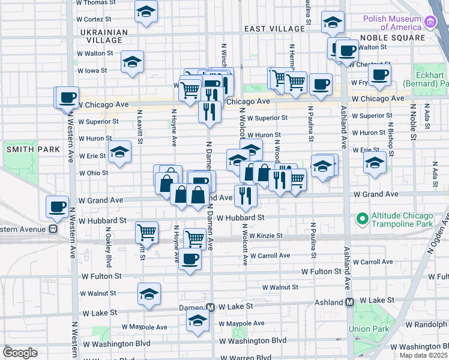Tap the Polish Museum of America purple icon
coord(430,23)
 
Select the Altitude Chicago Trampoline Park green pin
coord(361,218)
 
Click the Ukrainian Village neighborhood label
coord(103,36)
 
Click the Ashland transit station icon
coord(349,302)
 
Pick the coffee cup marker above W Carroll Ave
coord(190,259)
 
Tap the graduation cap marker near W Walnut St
coord(149,293)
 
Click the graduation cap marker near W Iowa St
coord(132,61)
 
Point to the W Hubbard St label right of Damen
coord(241,218)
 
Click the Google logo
coord(20,352)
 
